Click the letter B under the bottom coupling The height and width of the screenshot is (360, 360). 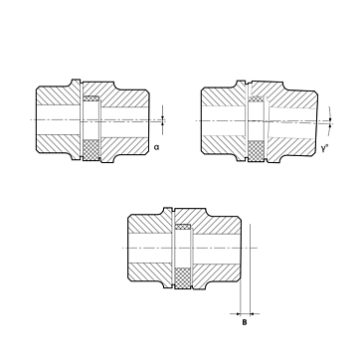245,322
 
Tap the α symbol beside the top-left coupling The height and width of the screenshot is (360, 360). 156,147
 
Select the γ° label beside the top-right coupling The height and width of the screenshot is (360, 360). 324,148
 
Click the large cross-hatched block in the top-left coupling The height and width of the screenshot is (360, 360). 90,150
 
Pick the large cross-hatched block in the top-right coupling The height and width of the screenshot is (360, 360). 257,151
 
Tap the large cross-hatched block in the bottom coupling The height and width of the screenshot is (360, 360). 183,278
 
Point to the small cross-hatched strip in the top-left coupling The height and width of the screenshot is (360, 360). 90,98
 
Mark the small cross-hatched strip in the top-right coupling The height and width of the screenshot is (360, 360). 257,99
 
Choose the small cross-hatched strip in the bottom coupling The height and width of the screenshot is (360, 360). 183,227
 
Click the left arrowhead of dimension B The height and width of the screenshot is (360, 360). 237,313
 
